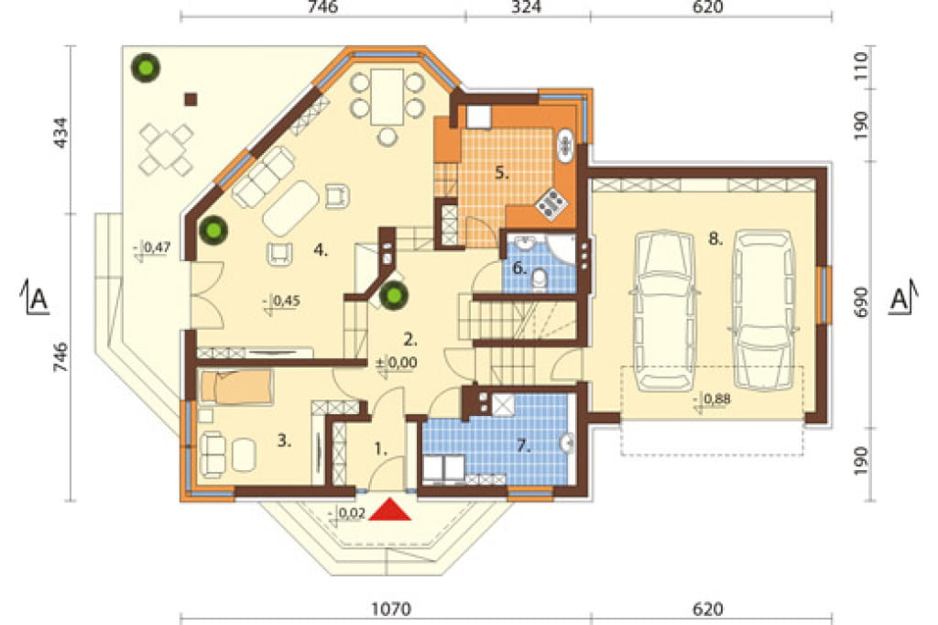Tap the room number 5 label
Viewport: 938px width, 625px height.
tap(501, 173)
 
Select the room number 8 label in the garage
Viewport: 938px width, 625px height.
tap(715, 239)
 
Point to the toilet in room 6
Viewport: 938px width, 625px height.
tap(539, 280)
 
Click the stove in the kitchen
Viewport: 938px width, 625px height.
tap(551, 203)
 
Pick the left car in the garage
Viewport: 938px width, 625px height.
tap(665, 310)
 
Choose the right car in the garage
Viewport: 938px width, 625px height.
tap(764, 310)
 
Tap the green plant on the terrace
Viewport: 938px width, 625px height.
tap(146, 68)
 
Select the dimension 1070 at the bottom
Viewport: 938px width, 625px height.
tap(391, 609)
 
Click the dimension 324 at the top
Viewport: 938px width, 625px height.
tap(527, 7)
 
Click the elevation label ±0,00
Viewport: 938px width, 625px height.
tap(396, 363)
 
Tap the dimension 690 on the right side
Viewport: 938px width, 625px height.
tap(860, 302)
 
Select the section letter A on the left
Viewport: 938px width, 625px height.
tap(37, 299)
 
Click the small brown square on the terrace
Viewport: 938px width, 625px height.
tap(191, 99)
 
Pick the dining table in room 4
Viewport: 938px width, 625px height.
tap(387, 97)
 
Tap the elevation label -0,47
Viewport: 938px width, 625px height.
tap(153, 248)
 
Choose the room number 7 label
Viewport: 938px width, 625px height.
tap(523, 445)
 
